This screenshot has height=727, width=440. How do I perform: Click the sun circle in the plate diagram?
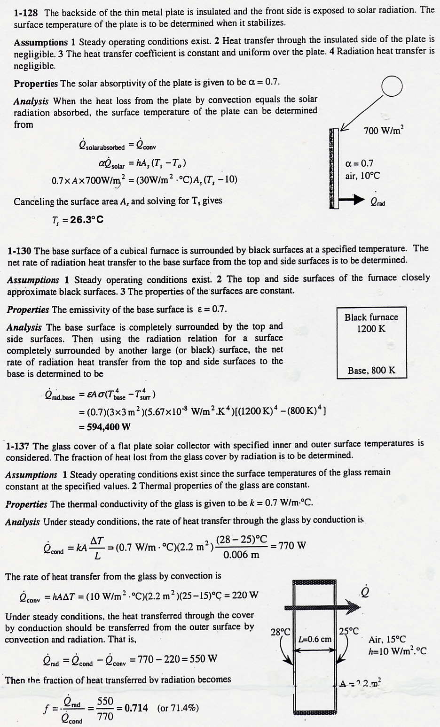coord(392,87)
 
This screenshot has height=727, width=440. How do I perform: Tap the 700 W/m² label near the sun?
coord(384,131)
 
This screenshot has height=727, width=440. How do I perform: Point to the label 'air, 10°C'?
coord(362,176)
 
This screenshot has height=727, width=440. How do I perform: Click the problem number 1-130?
coord(19,251)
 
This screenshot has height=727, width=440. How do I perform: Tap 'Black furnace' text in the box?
coord(371,317)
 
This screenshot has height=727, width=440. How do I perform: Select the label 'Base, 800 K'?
coord(371,371)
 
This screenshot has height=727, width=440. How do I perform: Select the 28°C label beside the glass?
coord(281,632)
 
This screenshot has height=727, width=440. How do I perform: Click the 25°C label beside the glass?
coord(349,631)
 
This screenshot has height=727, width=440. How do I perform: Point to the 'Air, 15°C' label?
coord(387,639)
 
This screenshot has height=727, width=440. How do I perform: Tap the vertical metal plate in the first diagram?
coord(334,168)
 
